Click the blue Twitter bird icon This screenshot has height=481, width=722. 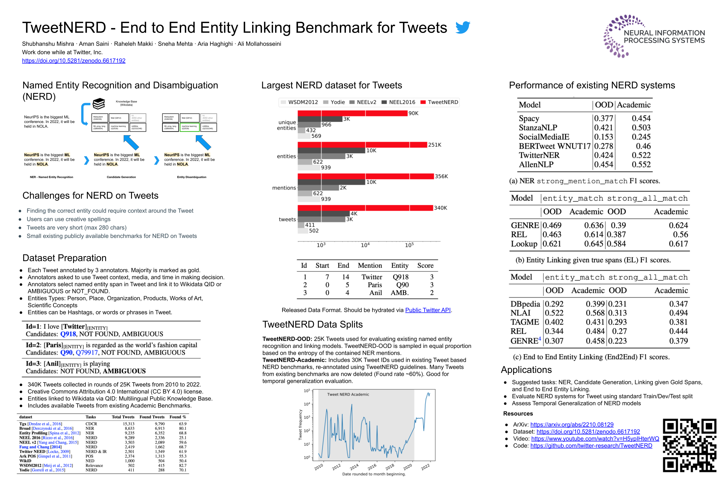tap(462, 27)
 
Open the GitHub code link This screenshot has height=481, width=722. tap(591, 446)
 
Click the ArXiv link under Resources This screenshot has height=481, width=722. tap(572, 424)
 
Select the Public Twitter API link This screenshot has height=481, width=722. tap(428, 310)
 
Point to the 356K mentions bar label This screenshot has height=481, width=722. tap(441, 176)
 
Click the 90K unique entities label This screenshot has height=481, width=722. tap(413, 113)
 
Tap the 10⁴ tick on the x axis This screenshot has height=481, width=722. tap(365, 245)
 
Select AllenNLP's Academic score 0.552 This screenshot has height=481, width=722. tap(641, 165)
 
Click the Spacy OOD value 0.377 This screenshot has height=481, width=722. tap(603, 118)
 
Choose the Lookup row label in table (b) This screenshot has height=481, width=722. tap(524, 244)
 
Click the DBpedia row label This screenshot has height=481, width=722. tap(525, 304)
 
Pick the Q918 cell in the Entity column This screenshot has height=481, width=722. tap(401, 277)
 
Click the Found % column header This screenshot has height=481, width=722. tap(178, 417)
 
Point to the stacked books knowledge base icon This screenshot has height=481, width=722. tap(99, 104)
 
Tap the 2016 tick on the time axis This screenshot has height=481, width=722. tap(372, 467)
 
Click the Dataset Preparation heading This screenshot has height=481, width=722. tap(64, 258)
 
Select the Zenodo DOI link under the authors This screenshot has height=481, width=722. tap(74, 61)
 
